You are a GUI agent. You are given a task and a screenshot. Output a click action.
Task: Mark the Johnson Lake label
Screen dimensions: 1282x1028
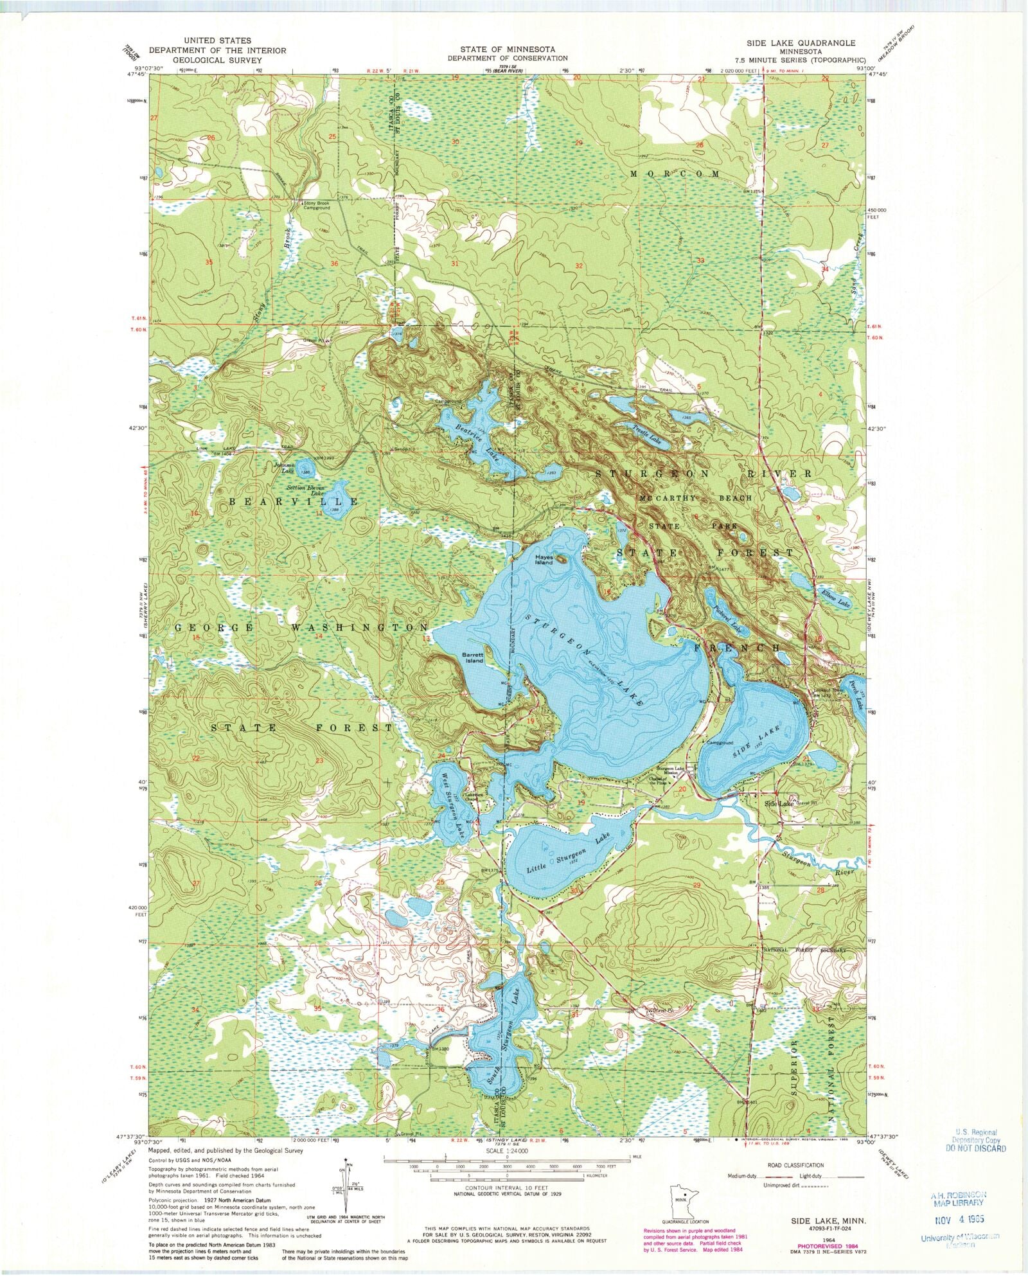coord(284,468)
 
